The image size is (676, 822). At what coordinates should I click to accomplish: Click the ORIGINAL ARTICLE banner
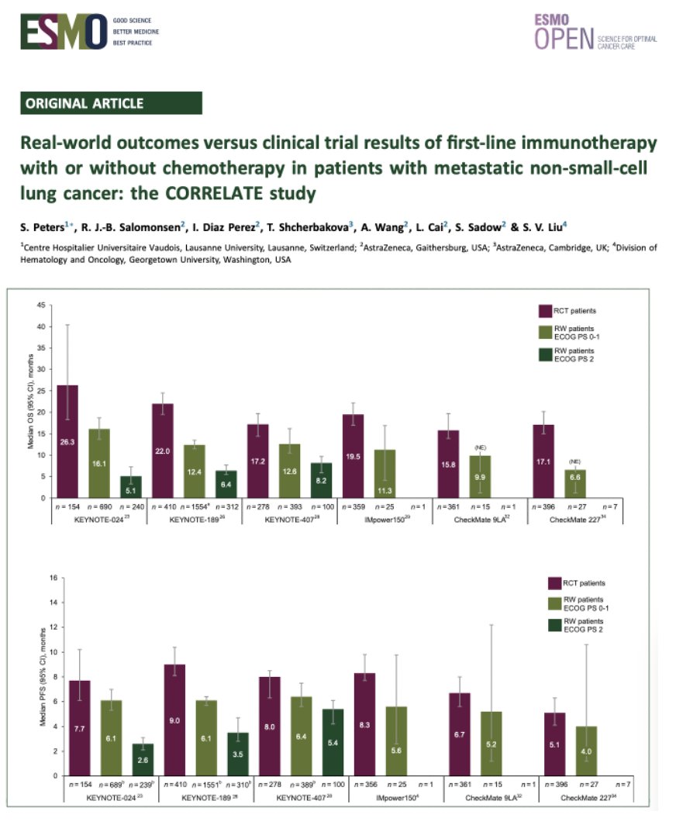point(112,103)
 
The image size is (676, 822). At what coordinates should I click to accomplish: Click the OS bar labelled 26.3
point(67,442)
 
